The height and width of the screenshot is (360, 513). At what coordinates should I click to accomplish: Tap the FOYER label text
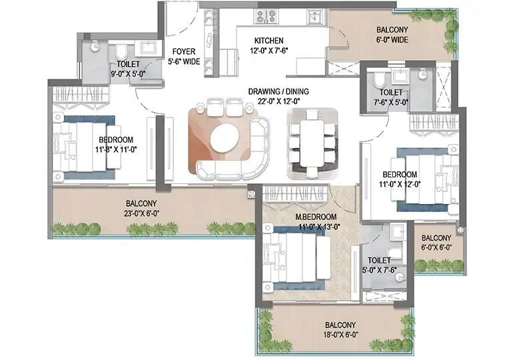(x=183, y=51)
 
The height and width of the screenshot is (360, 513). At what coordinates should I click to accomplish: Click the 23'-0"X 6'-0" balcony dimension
(x=141, y=214)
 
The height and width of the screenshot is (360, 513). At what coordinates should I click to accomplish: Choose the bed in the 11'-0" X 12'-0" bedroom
(x=426, y=181)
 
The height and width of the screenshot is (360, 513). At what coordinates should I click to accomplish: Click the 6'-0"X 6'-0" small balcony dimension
(x=436, y=247)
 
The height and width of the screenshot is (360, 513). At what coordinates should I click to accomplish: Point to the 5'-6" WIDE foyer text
(x=183, y=61)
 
